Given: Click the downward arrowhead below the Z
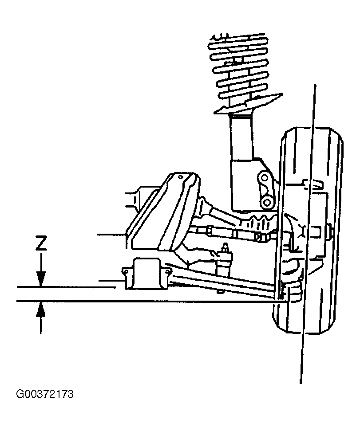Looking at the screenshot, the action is click(41, 279).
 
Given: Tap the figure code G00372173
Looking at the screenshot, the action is click(45, 394).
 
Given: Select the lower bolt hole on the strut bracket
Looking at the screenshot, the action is click(266, 203).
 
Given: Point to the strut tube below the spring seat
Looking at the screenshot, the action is click(241, 137).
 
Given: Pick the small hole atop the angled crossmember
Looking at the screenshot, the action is click(181, 177).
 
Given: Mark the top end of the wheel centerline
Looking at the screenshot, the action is click(316, 84).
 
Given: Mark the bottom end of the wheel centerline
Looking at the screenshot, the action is click(301, 383).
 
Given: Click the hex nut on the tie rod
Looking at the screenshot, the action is click(258, 236).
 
